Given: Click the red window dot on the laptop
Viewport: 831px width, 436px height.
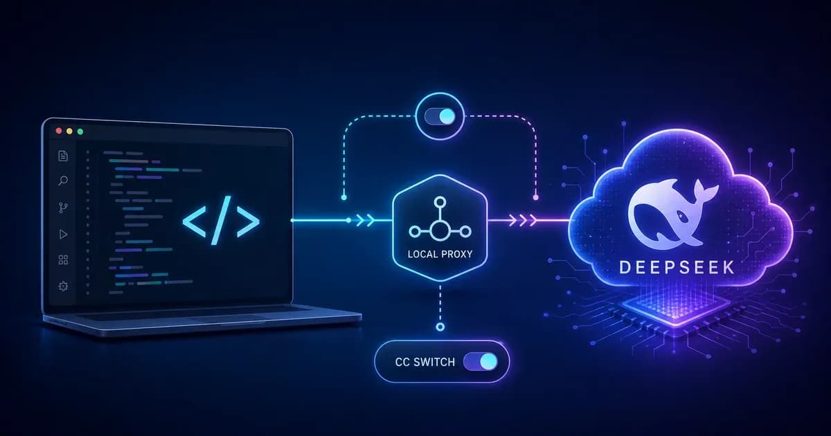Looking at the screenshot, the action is [x=59, y=131].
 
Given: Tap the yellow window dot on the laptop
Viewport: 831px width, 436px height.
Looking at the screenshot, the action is [x=69, y=131].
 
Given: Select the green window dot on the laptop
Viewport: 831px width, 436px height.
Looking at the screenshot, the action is [x=80, y=131].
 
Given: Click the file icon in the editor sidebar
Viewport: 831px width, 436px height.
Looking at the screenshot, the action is [x=63, y=156].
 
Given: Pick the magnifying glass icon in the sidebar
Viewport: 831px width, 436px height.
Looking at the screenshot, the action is [x=63, y=181].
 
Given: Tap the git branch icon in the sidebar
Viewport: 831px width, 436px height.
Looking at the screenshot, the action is [x=63, y=208].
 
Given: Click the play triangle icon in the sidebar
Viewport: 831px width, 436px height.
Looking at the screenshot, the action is [x=63, y=234].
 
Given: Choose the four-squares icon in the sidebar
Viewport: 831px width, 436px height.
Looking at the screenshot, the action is [x=64, y=260].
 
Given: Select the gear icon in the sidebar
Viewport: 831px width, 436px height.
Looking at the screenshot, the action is [x=63, y=287].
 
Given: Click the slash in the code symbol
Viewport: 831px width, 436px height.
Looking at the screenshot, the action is [x=221, y=220].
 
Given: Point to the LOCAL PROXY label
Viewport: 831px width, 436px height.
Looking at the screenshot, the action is [x=440, y=255].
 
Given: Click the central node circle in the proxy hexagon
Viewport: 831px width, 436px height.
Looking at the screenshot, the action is [x=440, y=232].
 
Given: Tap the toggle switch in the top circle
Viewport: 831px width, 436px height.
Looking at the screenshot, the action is [x=440, y=117].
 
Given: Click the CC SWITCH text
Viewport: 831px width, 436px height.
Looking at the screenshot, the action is [x=425, y=362].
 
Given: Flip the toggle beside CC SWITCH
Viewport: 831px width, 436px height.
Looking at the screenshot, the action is [x=481, y=362].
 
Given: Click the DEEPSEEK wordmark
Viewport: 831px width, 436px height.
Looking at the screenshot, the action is [x=677, y=267].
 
